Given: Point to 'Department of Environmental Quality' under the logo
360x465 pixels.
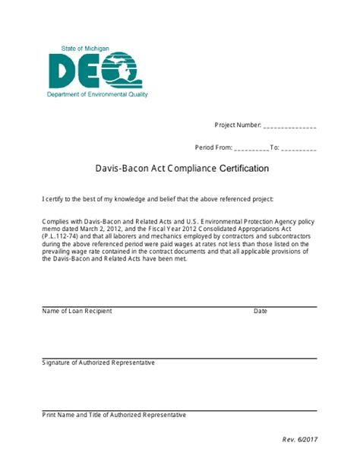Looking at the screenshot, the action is [97, 95].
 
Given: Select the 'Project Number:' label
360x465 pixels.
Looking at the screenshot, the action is [238, 125].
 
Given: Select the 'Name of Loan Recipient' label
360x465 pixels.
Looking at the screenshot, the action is [77, 312].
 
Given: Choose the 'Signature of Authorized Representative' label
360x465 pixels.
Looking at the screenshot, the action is [99, 363].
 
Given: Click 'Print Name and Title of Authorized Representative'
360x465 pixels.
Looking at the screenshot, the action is [114, 415].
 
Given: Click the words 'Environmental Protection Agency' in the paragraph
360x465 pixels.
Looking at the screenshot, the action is [251, 220].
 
